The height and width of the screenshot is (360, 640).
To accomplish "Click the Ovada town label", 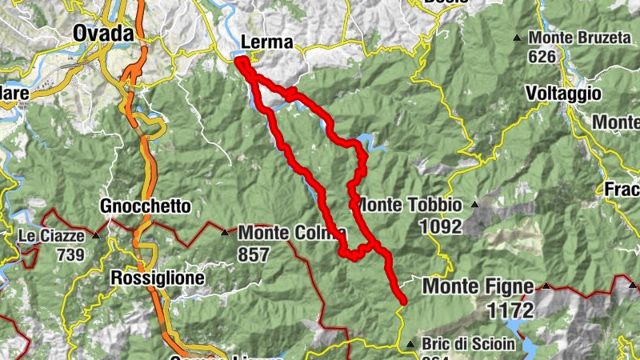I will [x=104, y=33].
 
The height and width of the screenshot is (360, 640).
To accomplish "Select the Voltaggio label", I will [x=563, y=94].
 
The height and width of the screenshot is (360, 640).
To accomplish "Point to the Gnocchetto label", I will [x=146, y=206].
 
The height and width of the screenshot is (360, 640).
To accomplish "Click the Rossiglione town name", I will [x=158, y=278].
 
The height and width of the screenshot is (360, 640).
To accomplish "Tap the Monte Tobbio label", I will [x=410, y=205].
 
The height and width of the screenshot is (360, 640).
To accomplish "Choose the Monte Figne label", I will [x=478, y=286].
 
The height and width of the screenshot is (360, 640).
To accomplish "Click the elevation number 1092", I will [x=439, y=226].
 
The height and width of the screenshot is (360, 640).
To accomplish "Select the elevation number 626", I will [x=542, y=57].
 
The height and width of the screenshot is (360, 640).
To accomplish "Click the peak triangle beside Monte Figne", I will [x=546, y=286].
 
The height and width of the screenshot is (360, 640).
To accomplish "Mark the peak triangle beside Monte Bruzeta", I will [x=518, y=38].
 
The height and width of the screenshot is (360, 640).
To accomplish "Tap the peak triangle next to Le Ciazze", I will [x=96, y=235].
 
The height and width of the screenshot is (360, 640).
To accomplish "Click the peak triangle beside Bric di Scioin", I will [x=410, y=345].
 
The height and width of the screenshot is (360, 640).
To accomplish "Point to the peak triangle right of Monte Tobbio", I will [x=474, y=205].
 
